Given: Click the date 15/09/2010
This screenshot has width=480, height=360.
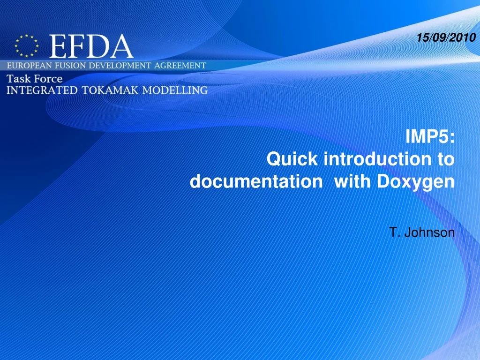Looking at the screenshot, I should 446,38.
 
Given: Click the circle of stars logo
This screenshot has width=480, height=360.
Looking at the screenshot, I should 26,46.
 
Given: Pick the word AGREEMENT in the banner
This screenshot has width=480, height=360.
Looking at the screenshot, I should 179,66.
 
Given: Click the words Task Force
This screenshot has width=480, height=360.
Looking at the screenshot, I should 35,79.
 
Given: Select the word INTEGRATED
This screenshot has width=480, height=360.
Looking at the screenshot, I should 42,90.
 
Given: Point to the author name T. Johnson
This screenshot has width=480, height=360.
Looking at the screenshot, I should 422,232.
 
